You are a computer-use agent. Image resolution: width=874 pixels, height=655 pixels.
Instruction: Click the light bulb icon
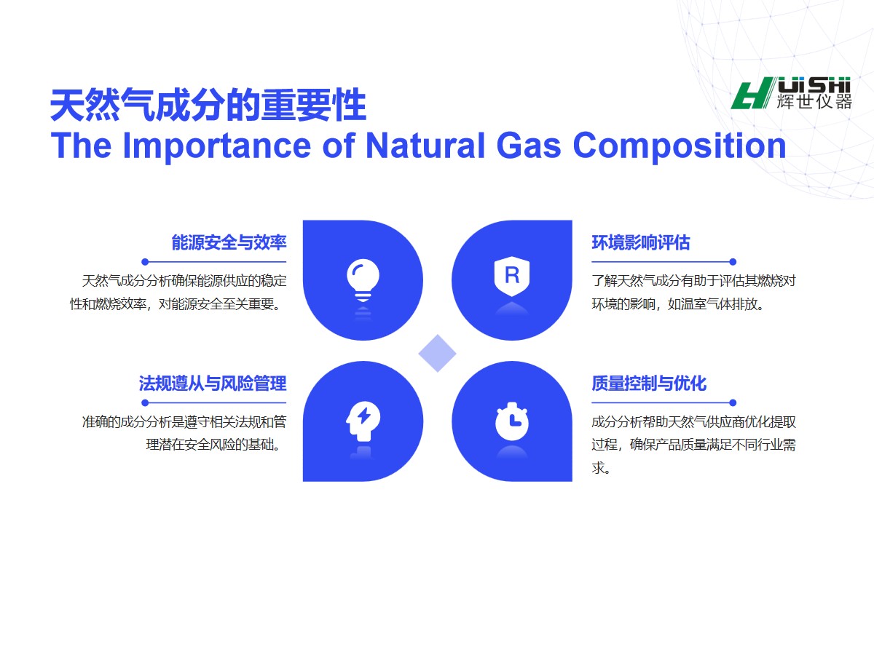(363, 280)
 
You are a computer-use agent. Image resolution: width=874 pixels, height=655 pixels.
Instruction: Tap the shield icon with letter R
(512, 277)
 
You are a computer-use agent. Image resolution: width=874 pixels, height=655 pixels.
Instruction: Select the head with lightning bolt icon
(363, 421)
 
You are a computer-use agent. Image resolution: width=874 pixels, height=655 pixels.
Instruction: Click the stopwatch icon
(512, 421)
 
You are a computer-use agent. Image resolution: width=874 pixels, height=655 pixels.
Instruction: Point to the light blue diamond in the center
(437, 353)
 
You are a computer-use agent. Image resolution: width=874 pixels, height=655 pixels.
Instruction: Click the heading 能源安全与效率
(229, 242)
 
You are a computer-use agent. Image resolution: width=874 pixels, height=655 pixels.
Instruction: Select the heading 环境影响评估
(641, 242)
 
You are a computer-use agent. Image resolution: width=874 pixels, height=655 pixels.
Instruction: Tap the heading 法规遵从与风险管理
(213, 384)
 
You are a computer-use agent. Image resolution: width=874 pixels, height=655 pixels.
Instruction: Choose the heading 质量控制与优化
(649, 384)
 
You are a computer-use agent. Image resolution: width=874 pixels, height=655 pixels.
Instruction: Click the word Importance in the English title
(217, 147)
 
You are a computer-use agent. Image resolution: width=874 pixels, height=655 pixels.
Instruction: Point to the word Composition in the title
(680, 147)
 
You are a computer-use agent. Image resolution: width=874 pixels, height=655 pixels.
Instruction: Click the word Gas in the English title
(529, 146)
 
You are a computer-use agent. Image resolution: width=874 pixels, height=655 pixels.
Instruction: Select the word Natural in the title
(425, 146)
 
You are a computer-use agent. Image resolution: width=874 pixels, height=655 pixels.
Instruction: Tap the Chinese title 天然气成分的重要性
(208, 105)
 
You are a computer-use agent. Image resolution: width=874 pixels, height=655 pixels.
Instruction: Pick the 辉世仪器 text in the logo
(814, 102)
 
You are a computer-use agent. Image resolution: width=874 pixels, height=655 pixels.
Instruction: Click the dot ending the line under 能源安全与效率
(145, 262)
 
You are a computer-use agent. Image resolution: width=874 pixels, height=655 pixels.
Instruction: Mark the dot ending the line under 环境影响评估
(733, 262)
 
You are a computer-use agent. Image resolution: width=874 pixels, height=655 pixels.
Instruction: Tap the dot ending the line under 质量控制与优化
(733, 403)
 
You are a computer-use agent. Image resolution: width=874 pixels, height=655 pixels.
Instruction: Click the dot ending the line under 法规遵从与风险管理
(145, 403)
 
